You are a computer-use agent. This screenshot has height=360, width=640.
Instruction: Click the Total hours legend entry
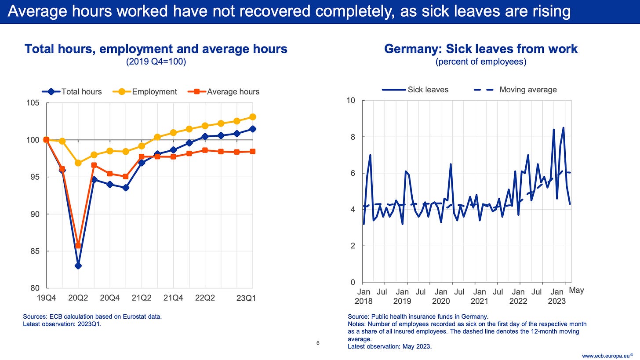[72, 92]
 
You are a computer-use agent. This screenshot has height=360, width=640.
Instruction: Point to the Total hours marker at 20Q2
[78, 265]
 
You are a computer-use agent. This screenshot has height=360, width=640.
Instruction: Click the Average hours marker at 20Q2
[78, 245]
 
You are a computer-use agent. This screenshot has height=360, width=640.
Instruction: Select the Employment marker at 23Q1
[253, 117]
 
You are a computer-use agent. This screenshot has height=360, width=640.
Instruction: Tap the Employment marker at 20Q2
[78, 163]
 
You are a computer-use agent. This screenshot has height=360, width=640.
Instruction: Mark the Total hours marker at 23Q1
[253, 129]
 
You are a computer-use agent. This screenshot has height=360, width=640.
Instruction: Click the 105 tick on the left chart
[35, 103]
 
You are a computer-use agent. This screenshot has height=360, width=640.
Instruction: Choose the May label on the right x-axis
[576, 291]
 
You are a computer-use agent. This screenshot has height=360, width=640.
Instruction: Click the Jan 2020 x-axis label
[441, 296]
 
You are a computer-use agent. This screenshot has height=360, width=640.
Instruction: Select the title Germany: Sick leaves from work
[481, 49]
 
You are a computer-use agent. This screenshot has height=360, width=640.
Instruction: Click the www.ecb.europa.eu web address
[609, 355]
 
